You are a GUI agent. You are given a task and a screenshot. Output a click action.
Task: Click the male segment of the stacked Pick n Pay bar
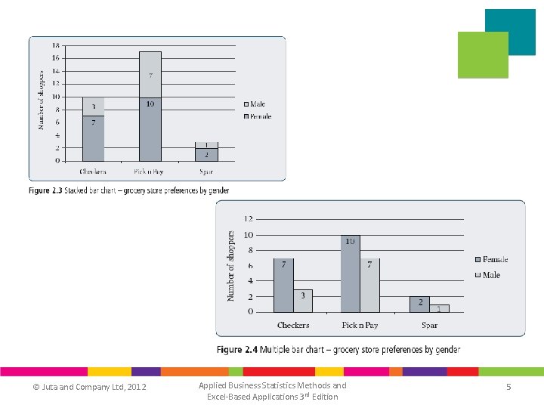click(150, 74)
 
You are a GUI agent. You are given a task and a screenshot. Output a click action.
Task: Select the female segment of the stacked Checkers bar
click(94, 138)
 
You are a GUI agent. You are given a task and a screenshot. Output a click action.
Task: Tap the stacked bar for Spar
click(206, 152)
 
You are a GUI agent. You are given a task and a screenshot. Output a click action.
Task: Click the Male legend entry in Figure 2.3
click(254, 104)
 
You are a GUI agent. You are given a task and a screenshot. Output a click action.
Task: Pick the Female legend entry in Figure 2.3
click(257, 116)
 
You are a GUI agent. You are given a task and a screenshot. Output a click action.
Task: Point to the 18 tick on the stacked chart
click(55, 45)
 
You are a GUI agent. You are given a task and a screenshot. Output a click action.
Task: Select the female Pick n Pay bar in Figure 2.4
click(350, 274)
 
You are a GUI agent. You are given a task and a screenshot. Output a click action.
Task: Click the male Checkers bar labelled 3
click(303, 301)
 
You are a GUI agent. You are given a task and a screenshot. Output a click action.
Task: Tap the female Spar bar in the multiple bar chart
click(419, 304)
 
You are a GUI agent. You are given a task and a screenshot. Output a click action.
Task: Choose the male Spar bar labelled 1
click(440, 308)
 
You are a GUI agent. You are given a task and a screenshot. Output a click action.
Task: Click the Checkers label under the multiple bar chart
click(293, 325)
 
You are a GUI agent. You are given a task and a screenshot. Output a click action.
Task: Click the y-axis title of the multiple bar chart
click(231, 267)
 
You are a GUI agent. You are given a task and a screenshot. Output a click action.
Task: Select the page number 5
click(508, 388)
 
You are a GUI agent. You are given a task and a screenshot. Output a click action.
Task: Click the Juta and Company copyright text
click(89, 388)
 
